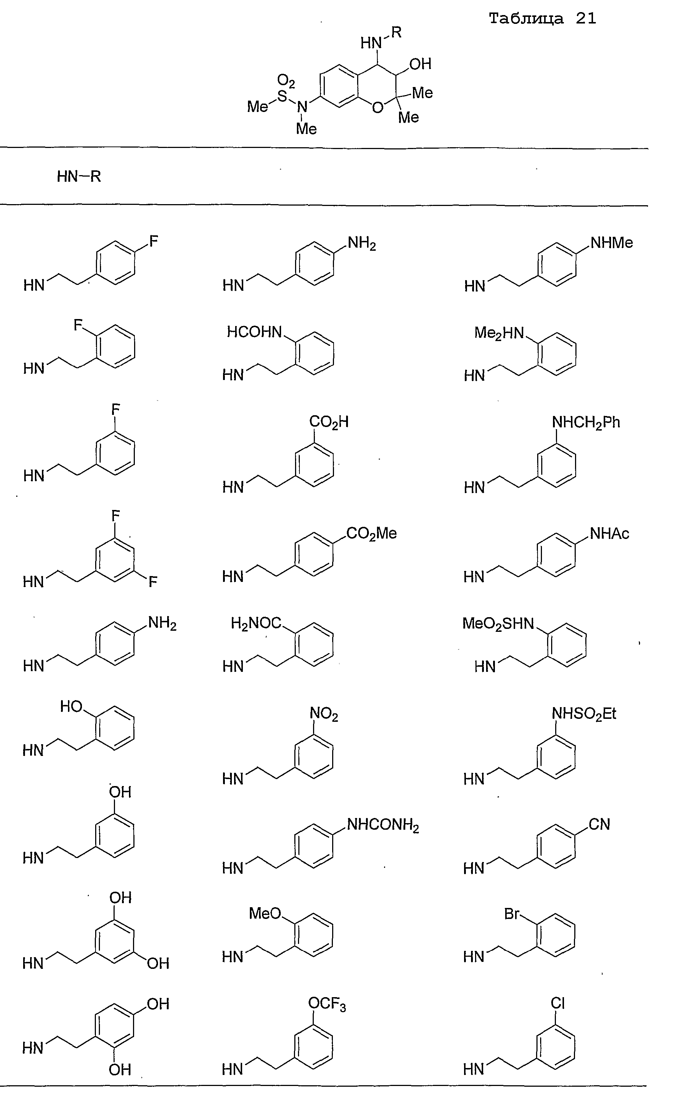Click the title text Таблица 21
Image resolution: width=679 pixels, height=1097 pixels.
pyautogui.click(x=542, y=18)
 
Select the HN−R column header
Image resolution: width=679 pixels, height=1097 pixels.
pyautogui.click(x=79, y=176)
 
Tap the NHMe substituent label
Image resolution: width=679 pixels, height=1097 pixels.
pyautogui.click(x=612, y=243)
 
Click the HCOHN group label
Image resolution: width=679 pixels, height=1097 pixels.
pyautogui.click(x=254, y=332)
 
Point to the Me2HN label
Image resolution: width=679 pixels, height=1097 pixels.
pyautogui.click(x=499, y=333)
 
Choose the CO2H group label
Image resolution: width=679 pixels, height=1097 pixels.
pyautogui.click(x=329, y=422)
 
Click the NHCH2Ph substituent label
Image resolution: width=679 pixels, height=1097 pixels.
pyautogui.click(x=586, y=423)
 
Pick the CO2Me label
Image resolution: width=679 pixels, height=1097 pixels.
pyautogui.click(x=372, y=533)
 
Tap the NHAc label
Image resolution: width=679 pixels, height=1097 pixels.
pyautogui.click(x=610, y=533)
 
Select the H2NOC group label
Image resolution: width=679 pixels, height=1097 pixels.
pyautogui.click(x=256, y=623)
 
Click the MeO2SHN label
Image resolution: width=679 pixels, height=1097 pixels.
pyautogui.click(x=498, y=624)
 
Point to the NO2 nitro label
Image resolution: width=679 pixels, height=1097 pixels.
pyautogui.click(x=324, y=714)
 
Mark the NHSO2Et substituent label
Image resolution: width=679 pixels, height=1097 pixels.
pyautogui.click(x=584, y=714)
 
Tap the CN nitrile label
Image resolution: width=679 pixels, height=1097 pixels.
pyautogui.click(x=600, y=824)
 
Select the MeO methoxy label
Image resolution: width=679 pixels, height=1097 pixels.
pyautogui.click(x=265, y=913)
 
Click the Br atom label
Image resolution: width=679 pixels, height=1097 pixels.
pyautogui.click(x=511, y=914)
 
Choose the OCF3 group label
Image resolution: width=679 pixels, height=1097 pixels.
pyautogui.click(x=327, y=1004)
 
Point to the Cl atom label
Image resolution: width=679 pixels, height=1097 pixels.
pyautogui.click(x=557, y=1003)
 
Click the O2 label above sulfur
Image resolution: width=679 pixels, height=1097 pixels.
pyautogui.click(x=286, y=81)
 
